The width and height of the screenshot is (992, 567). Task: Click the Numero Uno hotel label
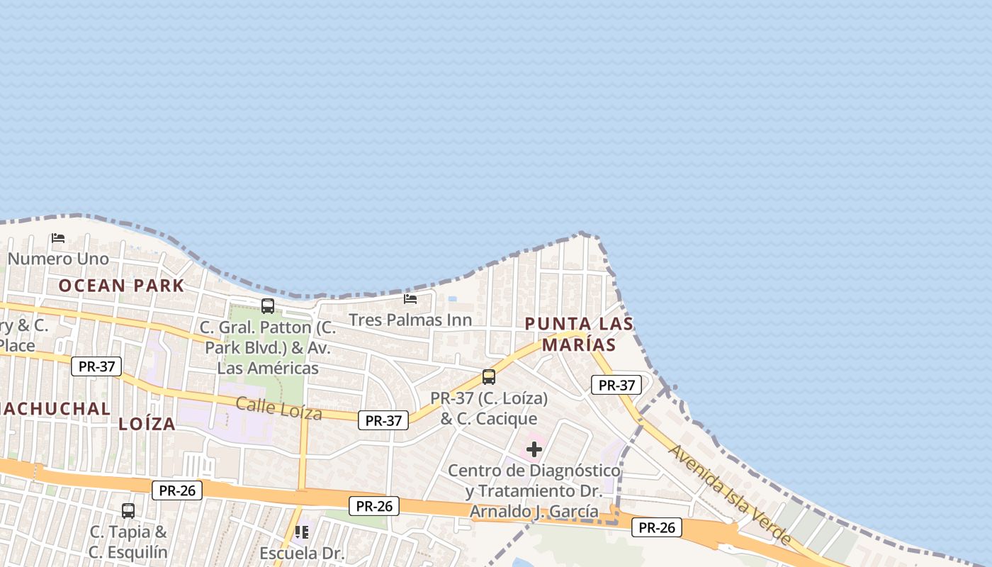coord(58,259)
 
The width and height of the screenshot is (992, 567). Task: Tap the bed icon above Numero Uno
coord(58,238)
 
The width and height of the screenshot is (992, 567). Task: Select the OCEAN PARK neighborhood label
coord(121,286)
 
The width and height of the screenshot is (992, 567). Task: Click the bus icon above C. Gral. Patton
coord(268,306)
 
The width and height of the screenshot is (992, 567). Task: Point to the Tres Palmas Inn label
coord(410,320)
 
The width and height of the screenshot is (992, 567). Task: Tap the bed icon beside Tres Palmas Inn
coord(410,299)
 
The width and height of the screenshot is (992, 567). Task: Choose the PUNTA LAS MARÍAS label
coord(579,334)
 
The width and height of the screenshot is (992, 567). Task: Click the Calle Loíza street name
coord(278,408)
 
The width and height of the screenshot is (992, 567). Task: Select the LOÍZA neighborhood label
coord(147,424)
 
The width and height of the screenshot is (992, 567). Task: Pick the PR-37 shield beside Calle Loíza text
coord(383,420)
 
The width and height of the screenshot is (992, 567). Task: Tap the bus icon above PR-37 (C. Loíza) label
coord(489,377)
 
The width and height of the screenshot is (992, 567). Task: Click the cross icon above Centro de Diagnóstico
coord(534,449)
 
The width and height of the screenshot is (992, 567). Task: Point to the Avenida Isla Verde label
coord(731,494)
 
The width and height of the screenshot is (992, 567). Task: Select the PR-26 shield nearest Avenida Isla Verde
coord(656,527)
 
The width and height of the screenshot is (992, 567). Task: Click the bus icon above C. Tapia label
coord(128,510)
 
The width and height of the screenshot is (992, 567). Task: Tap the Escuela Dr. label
coord(302,553)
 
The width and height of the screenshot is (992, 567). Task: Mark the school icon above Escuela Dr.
coord(302,531)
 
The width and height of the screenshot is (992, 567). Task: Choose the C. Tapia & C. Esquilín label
coord(128,541)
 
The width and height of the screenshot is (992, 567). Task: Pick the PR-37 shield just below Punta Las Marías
coord(616,385)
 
